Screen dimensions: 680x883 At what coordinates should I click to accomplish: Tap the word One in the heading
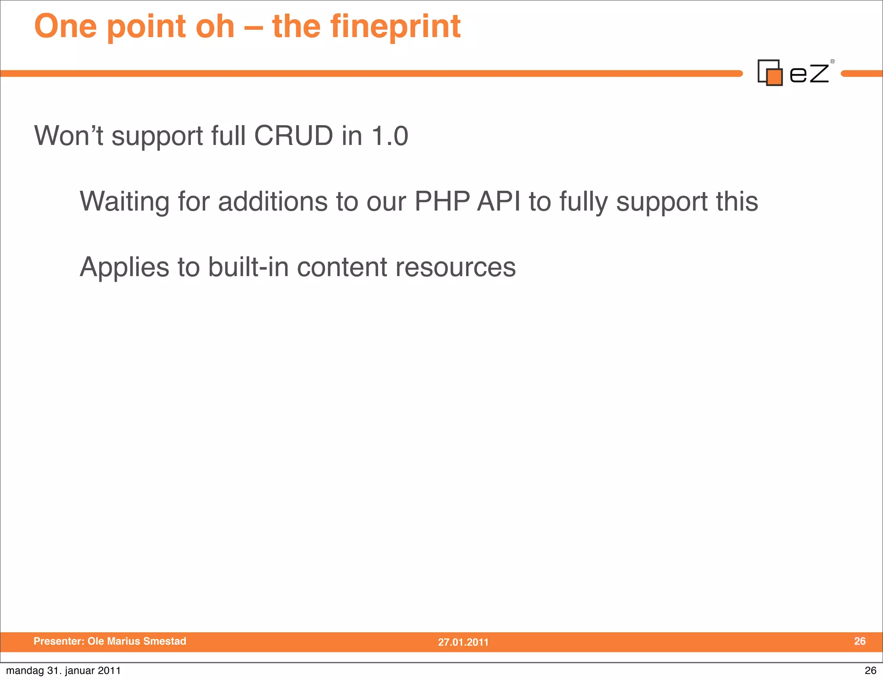point(66,27)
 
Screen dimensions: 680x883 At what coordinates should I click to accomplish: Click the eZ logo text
point(809,73)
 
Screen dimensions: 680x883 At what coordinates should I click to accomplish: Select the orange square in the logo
point(774,77)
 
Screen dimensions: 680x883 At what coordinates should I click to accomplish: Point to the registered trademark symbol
point(833,62)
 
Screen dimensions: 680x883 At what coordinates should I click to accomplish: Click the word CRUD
point(293,136)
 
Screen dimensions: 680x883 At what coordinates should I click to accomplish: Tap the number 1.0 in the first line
point(390,136)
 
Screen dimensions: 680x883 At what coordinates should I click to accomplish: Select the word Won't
point(69,136)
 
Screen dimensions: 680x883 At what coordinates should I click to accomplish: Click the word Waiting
point(124,201)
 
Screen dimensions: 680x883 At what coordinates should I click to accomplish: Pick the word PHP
point(441,201)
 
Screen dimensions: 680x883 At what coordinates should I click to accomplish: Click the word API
point(498,201)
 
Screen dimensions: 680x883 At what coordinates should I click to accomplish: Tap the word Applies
point(124,267)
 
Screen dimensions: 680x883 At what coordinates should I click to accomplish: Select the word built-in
point(248,267)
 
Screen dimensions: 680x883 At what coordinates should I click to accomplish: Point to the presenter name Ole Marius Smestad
point(137,641)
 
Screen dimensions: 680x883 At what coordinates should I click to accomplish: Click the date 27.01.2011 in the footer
point(463,642)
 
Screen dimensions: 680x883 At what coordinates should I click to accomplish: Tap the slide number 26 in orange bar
point(860,641)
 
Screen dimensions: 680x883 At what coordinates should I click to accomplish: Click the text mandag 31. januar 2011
point(63,671)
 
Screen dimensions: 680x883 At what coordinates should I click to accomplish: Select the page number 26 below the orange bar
point(870,671)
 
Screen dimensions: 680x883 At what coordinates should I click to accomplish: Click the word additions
point(273,201)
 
